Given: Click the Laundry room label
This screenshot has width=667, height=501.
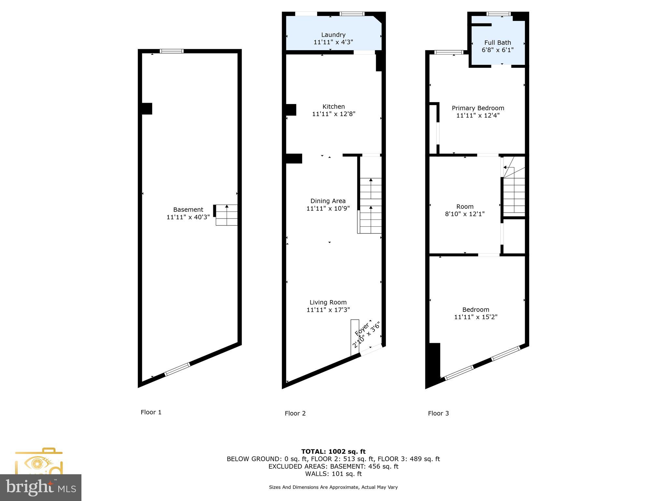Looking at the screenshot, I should [x=333, y=35].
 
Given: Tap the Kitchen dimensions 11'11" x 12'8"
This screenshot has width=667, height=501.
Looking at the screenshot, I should [x=333, y=114].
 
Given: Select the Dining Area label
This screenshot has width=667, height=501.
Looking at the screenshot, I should [x=328, y=201].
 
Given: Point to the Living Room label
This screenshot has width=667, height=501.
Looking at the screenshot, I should [x=328, y=302].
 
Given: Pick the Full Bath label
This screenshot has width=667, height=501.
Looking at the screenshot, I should [x=498, y=43].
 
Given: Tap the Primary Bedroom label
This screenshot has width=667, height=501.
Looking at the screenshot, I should [x=478, y=108].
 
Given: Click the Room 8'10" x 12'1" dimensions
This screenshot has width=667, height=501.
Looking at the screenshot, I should [x=465, y=214].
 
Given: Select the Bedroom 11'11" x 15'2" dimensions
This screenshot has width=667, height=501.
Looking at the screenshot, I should [x=476, y=317].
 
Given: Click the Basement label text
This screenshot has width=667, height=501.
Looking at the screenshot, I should [x=188, y=210].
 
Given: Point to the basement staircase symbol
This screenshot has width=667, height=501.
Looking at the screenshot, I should [x=226, y=215].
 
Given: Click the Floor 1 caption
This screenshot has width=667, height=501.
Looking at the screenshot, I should [x=151, y=412].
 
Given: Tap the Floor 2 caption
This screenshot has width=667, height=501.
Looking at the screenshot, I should [x=295, y=413].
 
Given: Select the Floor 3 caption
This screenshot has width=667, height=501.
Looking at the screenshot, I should [x=438, y=413].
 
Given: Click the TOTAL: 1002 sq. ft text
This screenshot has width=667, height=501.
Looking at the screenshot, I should [x=333, y=451].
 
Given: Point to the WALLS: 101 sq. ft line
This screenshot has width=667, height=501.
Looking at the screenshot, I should [x=333, y=474].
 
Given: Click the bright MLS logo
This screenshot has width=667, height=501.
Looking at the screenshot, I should [x=41, y=488].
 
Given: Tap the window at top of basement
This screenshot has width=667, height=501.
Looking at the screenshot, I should [x=172, y=51].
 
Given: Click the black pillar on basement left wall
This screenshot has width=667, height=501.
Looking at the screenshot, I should [x=147, y=109].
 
